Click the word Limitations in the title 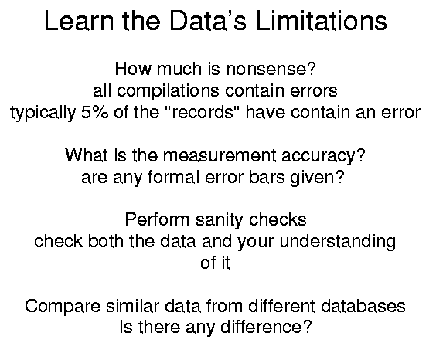tap(321, 21)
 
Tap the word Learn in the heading tap(79, 21)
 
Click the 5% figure tap(95, 112)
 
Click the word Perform tap(157, 219)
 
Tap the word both tap(106, 241)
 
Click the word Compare tap(63, 307)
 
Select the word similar tap(132, 306)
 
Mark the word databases tap(363, 306)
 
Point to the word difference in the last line tap(261, 327)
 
